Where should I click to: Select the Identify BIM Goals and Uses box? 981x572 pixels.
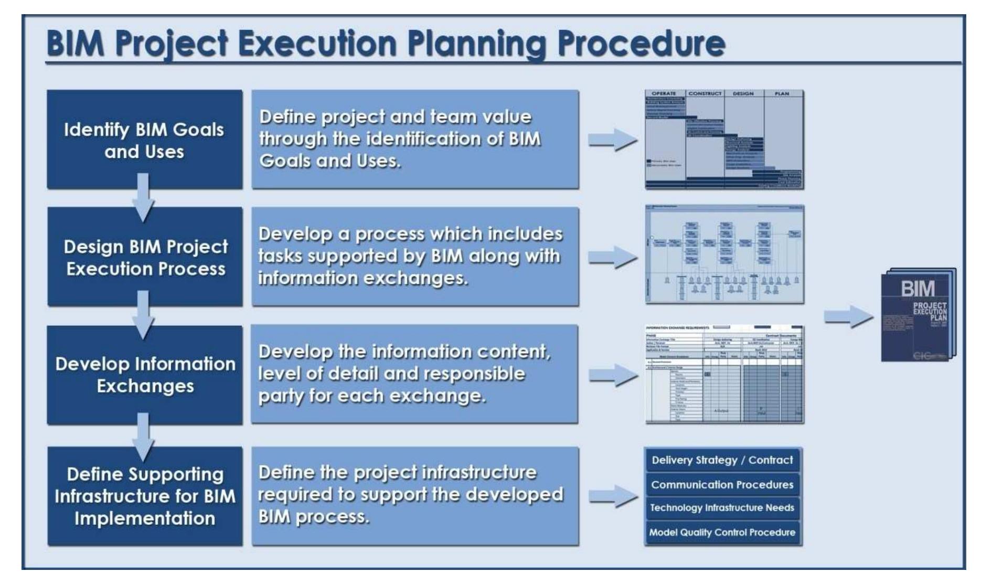(144, 140)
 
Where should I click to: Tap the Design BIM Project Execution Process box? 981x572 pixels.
(145, 257)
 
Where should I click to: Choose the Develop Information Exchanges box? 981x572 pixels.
(145, 375)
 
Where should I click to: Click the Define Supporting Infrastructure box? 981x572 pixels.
(145, 496)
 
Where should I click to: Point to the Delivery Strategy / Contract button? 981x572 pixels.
(722, 460)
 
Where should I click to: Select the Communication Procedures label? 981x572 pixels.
(722, 485)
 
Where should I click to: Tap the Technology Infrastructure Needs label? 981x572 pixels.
(722, 508)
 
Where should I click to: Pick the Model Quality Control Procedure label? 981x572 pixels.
(722, 533)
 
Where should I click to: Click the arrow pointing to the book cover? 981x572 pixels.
(848, 316)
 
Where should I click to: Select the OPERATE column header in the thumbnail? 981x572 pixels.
(664, 94)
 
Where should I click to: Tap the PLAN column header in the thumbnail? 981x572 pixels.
(782, 94)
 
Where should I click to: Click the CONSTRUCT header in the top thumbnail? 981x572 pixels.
(705, 94)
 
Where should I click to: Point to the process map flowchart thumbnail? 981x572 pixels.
(724, 255)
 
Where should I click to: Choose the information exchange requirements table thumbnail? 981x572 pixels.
(724, 374)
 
